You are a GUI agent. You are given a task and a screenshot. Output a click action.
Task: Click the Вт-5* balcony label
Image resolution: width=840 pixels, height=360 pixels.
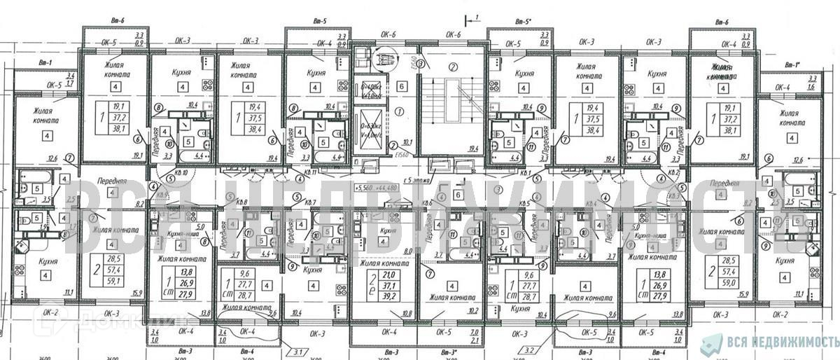[x=521, y=22]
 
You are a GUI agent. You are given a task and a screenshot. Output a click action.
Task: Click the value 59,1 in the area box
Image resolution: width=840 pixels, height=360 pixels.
[x=111, y=282]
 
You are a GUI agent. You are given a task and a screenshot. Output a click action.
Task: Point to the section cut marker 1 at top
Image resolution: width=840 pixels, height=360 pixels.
[x=472, y=18]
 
